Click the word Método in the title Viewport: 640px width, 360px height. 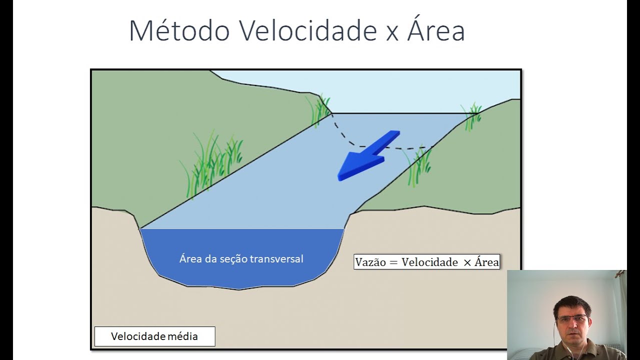click(179, 31)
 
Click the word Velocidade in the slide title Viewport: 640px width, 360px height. click(307, 31)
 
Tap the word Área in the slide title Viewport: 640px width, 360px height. click(436, 31)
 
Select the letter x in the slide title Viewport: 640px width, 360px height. click(391, 33)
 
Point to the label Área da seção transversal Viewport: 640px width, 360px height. click(241, 258)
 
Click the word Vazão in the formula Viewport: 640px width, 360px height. click(370, 262)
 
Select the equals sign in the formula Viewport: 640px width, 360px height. click(393, 262)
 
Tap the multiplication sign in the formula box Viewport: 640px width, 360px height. click(467, 262)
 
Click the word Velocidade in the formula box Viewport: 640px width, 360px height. click(430, 262)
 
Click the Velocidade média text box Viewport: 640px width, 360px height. click(154, 336)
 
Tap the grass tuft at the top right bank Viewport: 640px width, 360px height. click(472, 115)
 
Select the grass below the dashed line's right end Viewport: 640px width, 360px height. click(419, 165)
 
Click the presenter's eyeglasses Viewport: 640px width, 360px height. click(571, 318)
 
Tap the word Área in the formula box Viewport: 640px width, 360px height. click(486, 262)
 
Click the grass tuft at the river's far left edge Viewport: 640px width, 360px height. click(318, 109)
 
